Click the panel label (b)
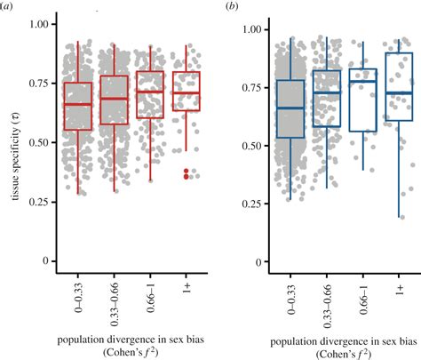(x=232, y=7)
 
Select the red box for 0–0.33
(x=78, y=106)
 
